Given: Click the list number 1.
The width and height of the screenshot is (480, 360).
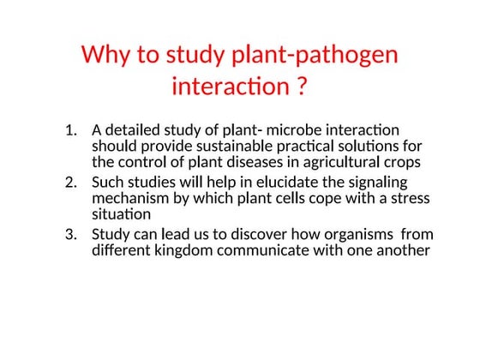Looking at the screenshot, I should click(71, 130).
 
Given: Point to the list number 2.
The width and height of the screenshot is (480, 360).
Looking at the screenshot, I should click(71, 183).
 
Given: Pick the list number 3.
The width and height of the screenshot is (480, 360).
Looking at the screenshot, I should click(71, 235).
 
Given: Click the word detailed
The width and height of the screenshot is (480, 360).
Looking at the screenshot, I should click(135, 130).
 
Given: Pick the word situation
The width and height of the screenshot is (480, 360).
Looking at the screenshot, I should click(120, 214).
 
